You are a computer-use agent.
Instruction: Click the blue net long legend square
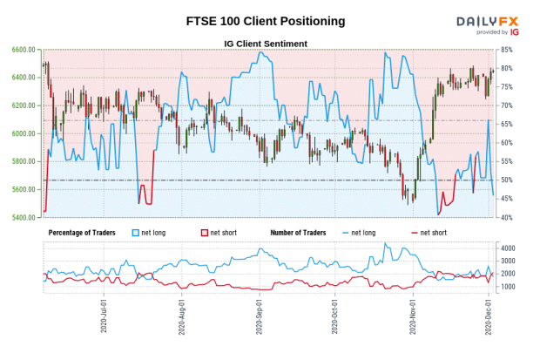(x=135, y=233)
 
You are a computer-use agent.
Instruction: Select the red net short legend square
(x=204, y=233)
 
